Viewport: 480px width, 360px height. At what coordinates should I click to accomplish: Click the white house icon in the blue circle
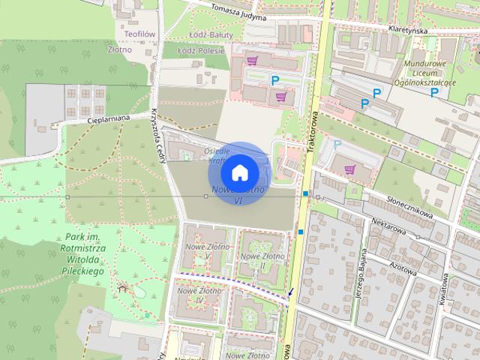239,172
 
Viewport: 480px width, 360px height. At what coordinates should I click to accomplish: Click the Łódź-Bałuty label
204,35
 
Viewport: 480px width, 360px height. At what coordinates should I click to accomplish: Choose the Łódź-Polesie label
203,50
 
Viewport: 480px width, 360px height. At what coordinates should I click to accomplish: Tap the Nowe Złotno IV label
196,295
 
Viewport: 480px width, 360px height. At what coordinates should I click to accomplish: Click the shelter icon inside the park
123,286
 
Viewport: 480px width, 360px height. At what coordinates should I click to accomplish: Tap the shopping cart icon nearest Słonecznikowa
349,169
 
